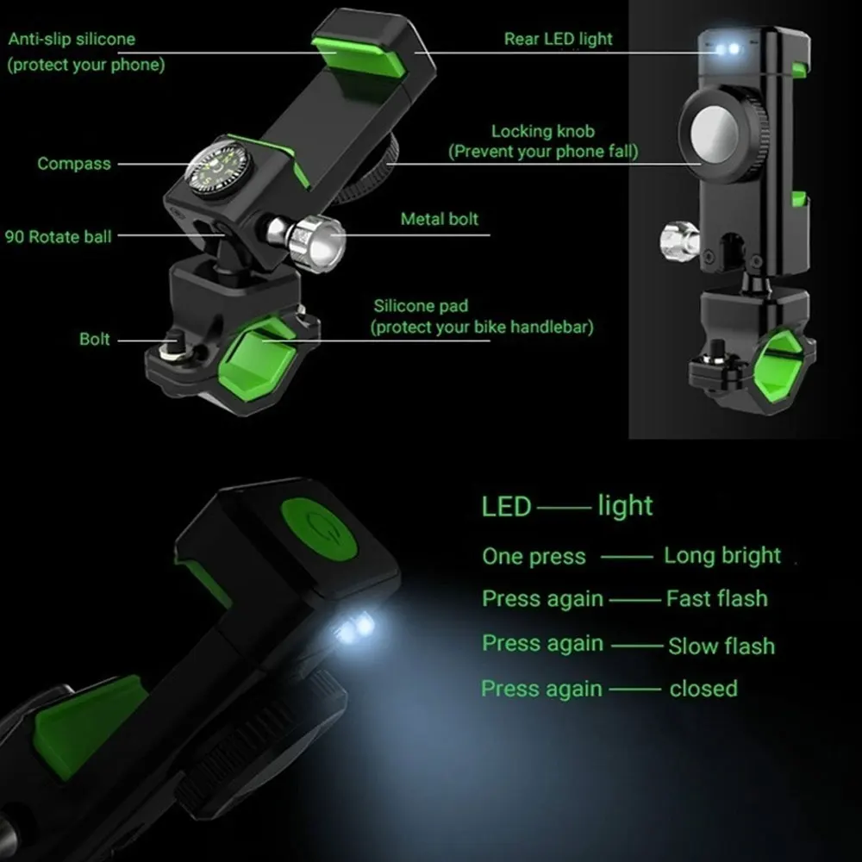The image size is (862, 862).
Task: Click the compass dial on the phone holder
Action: pyautogui.click(x=220, y=168)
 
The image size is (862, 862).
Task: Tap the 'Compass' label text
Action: pyautogui.click(x=74, y=163)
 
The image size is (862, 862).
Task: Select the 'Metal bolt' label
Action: pyautogui.click(x=440, y=219)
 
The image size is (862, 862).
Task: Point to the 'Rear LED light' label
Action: pyautogui.click(x=558, y=39)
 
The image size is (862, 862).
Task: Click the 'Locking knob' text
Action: pyautogui.click(x=543, y=131)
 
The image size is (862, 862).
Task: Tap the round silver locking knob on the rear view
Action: pyautogui.click(x=715, y=134)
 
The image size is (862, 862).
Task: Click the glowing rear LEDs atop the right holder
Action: pyautogui.click(x=728, y=49)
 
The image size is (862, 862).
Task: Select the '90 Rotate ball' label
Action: pyautogui.click(x=58, y=236)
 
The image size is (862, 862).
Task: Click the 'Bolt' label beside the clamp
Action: pyautogui.click(x=95, y=339)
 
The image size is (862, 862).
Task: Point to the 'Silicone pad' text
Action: pyautogui.click(x=422, y=306)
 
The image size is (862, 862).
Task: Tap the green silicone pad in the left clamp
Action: pyautogui.click(x=257, y=359)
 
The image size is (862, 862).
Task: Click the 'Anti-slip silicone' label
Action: pyautogui.click(x=72, y=39)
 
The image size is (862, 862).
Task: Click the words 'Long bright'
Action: pyautogui.click(x=722, y=556)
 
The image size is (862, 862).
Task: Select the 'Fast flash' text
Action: pyautogui.click(x=717, y=598)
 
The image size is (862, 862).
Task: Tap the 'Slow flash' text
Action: pyautogui.click(x=721, y=646)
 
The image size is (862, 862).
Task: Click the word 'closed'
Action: pyautogui.click(x=703, y=688)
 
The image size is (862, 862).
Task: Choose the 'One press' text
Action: pyautogui.click(x=534, y=556)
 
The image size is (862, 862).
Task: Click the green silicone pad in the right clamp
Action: pyautogui.click(x=777, y=365)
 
